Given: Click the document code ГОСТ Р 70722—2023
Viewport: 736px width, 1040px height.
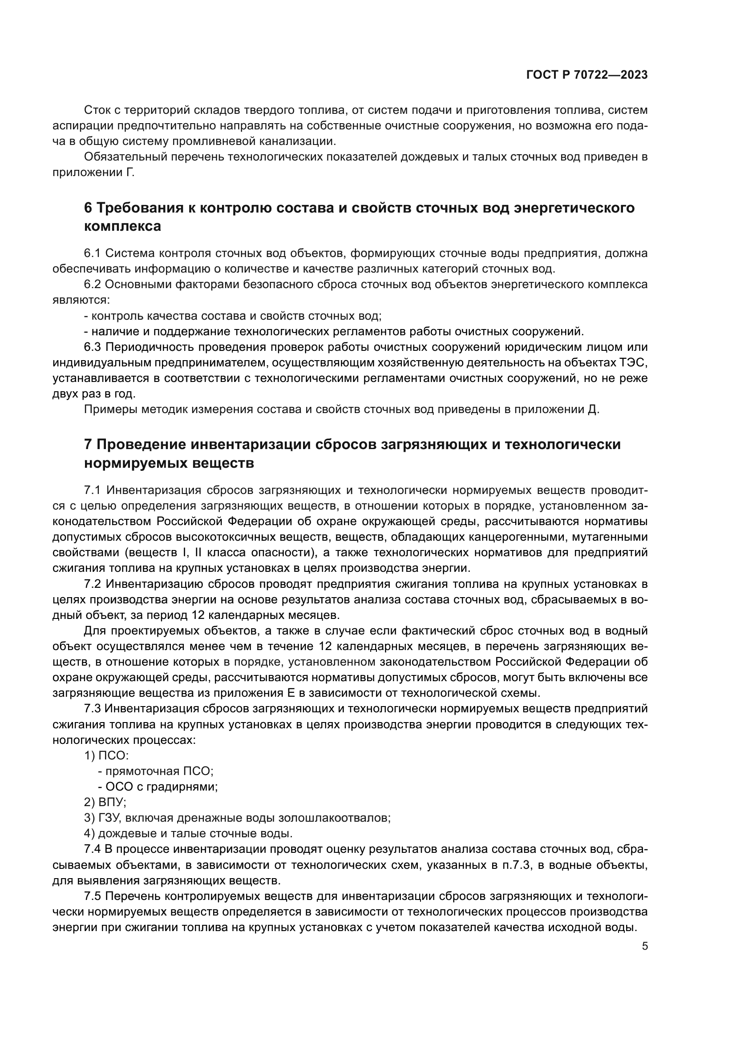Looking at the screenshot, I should [x=587, y=75].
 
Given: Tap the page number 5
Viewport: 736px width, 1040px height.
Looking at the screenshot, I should [x=645, y=946].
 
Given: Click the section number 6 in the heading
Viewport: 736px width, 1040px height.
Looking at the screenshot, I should [x=89, y=208].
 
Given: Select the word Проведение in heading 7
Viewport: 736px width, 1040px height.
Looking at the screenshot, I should [x=140, y=444].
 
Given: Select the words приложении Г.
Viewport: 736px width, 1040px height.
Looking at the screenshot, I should [x=93, y=173].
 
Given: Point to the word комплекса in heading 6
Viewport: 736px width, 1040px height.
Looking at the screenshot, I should [x=122, y=226].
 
